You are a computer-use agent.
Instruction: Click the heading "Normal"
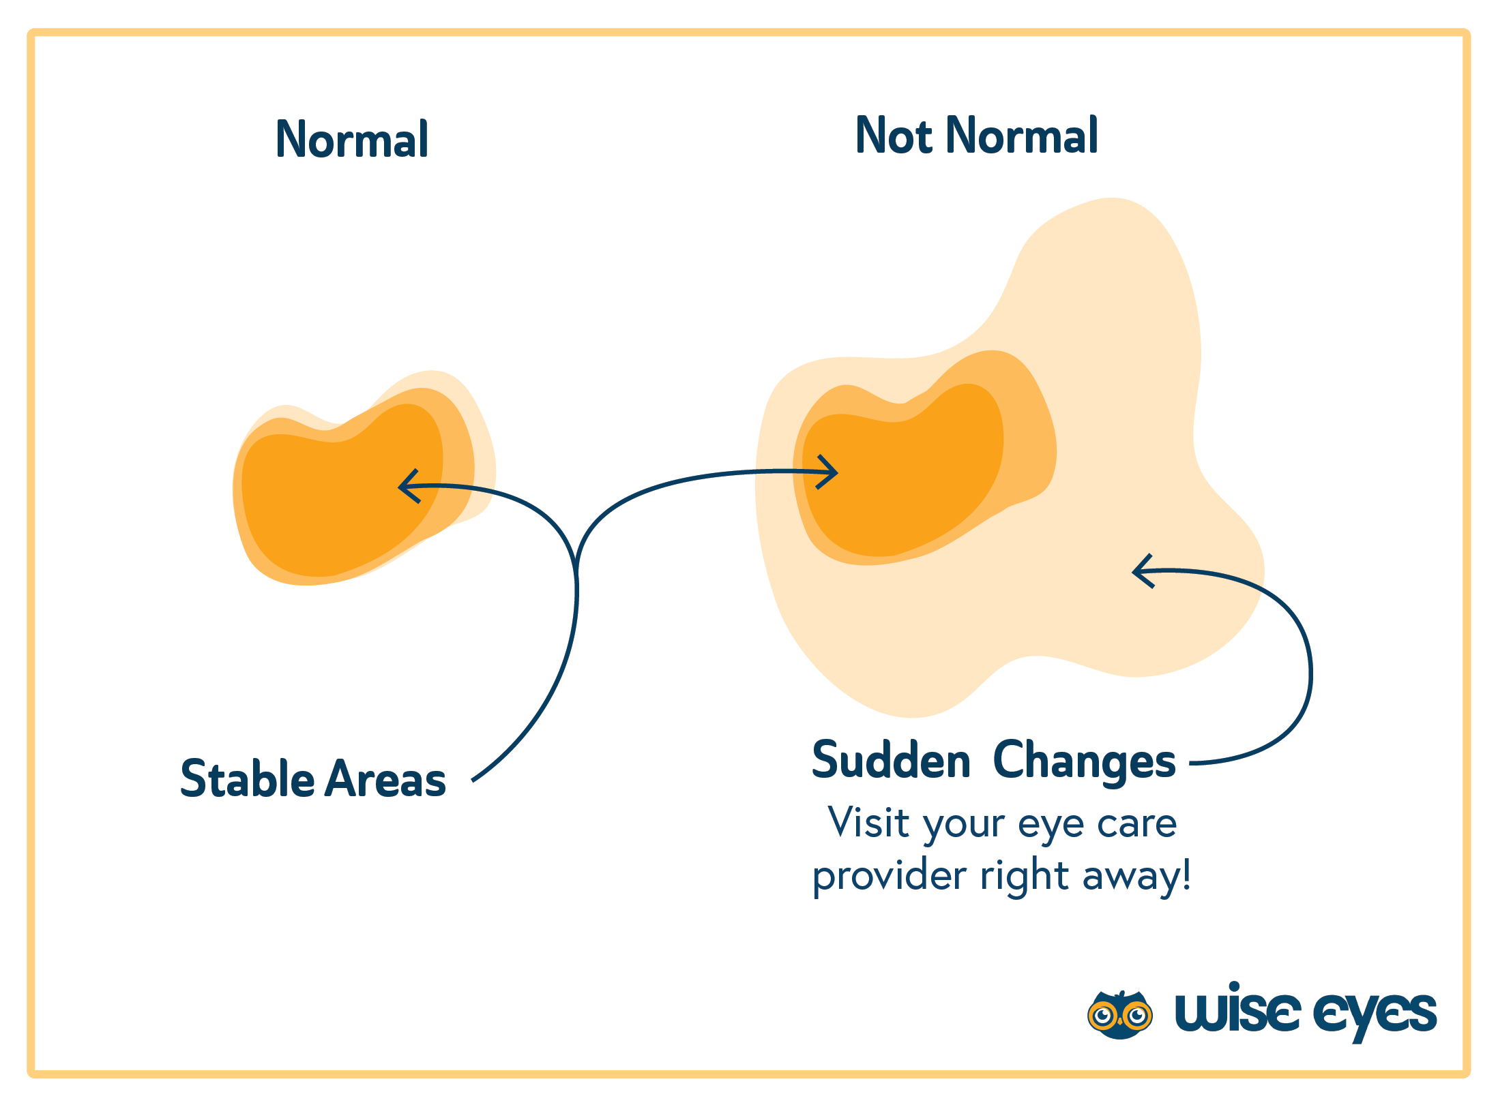click(x=352, y=140)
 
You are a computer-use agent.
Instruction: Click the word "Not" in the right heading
click(x=894, y=136)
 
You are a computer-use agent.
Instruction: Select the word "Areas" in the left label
click(x=385, y=778)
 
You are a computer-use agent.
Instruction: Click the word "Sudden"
click(x=891, y=760)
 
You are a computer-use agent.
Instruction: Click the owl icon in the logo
click(x=1119, y=1014)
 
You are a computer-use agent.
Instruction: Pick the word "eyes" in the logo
click(x=1375, y=1013)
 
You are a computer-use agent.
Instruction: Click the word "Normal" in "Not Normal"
click(x=1023, y=136)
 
